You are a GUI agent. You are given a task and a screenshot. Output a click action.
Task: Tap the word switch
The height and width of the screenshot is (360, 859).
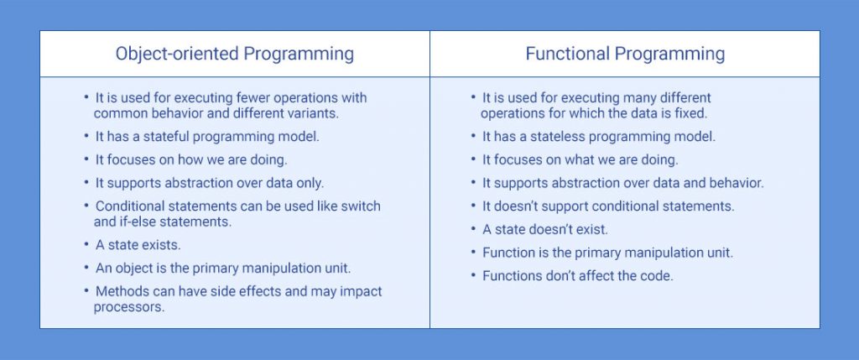[x=362, y=206]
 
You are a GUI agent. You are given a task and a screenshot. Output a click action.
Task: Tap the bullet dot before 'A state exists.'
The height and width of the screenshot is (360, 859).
[x=86, y=244]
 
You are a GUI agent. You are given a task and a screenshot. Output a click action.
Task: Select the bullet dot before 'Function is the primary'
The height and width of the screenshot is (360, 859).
[x=474, y=252]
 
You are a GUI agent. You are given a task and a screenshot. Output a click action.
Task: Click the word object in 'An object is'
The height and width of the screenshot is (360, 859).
[x=135, y=268]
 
